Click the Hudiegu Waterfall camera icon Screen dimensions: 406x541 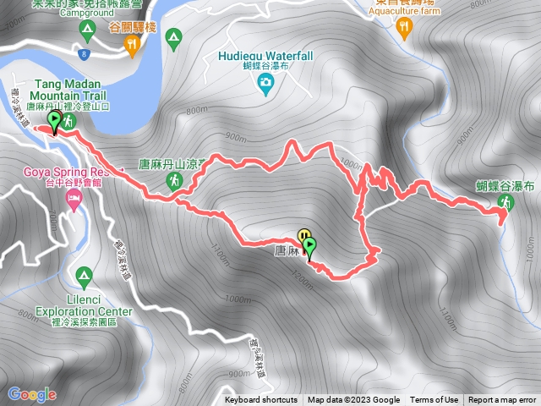(265, 81)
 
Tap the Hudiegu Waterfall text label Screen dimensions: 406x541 (265, 56)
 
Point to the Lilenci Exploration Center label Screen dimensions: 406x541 (84, 305)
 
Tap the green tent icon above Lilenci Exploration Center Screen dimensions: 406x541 (84, 275)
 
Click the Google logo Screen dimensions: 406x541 (31, 394)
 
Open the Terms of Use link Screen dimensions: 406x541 (434, 400)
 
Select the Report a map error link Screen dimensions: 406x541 (502, 400)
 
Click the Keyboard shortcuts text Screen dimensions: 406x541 (261, 400)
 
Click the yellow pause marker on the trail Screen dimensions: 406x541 (303, 236)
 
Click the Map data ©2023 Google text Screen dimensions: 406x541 (353, 400)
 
